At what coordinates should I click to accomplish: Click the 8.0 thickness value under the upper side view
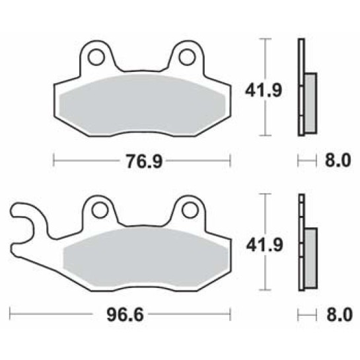pos(335,161)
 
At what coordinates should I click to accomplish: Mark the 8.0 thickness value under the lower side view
pos(335,315)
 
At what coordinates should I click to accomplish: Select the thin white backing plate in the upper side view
pos(301,87)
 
